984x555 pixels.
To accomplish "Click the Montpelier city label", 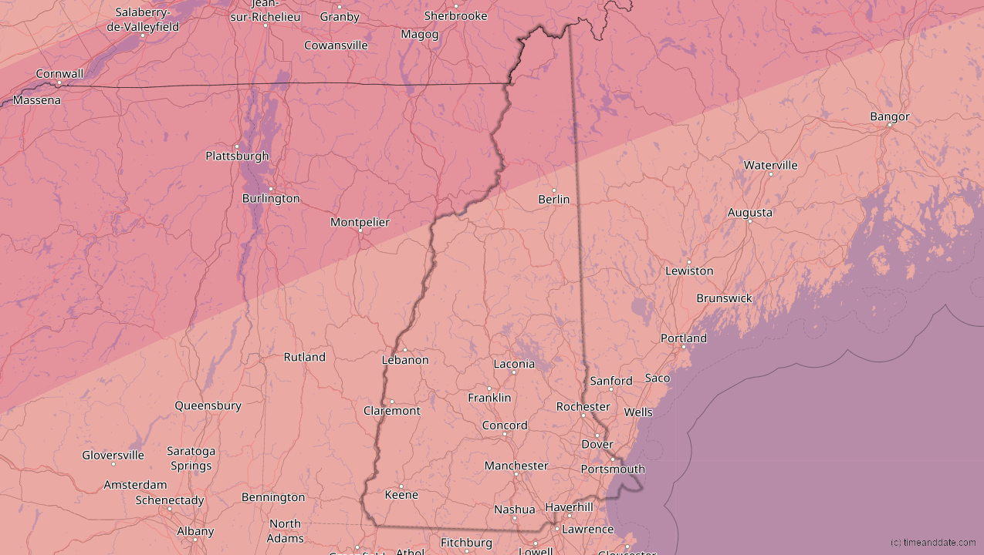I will pos(360,222).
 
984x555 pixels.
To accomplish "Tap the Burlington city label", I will pos(271,198).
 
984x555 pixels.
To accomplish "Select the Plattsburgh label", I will pos(237,156).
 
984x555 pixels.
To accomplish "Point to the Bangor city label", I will pos(890,116).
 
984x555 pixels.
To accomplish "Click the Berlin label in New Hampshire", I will pos(554,200).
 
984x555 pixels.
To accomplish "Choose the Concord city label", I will pos(505,425).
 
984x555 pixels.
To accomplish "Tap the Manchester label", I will pos(516,466).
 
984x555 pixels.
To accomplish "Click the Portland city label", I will pos(683,338).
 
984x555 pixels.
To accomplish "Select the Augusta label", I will pos(749,213).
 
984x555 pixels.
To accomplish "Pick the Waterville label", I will pos(770,165).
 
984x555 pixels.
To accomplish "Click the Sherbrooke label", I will pos(455,15).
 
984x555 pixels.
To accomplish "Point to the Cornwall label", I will pos(59,74).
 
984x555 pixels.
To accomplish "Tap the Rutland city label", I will pos(304,357).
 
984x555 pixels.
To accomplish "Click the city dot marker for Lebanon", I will pos(404,350).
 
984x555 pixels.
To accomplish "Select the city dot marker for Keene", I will pos(401,486).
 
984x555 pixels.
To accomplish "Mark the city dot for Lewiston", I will pos(689,262).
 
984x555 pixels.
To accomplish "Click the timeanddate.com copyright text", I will pos(932,543).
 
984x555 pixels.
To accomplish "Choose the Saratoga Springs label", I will pos(191,458).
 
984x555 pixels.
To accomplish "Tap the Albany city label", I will pos(195,531).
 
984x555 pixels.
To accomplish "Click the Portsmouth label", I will pos(613,469).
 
